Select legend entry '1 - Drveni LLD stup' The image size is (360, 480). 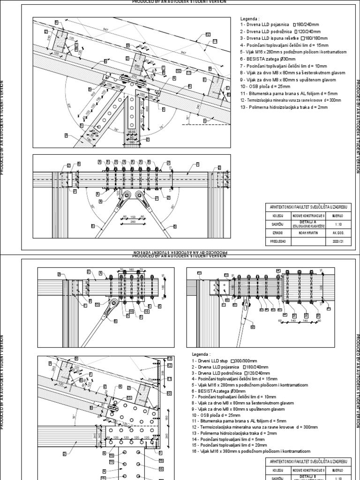(x=220, y=360)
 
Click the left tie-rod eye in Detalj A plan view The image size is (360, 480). (x=125, y=196)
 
